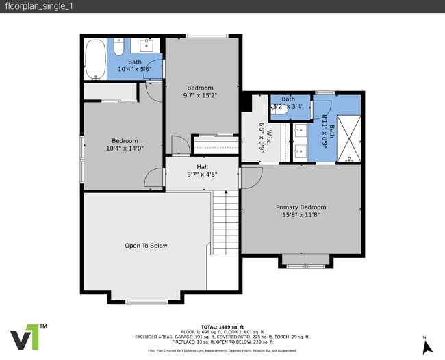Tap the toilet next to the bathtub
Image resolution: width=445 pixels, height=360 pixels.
(x=118, y=47)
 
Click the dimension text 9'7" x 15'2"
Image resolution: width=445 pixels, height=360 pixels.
(x=201, y=96)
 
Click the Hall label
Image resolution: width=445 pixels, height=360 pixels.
(x=203, y=166)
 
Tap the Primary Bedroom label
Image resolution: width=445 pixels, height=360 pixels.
(x=301, y=207)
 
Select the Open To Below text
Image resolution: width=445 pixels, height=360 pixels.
(x=146, y=246)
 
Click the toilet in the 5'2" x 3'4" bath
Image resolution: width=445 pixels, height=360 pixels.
(x=281, y=116)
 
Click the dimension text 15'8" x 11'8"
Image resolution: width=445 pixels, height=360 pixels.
(x=301, y=215)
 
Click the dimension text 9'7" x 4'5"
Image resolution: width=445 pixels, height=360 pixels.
(x=203, y=175)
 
